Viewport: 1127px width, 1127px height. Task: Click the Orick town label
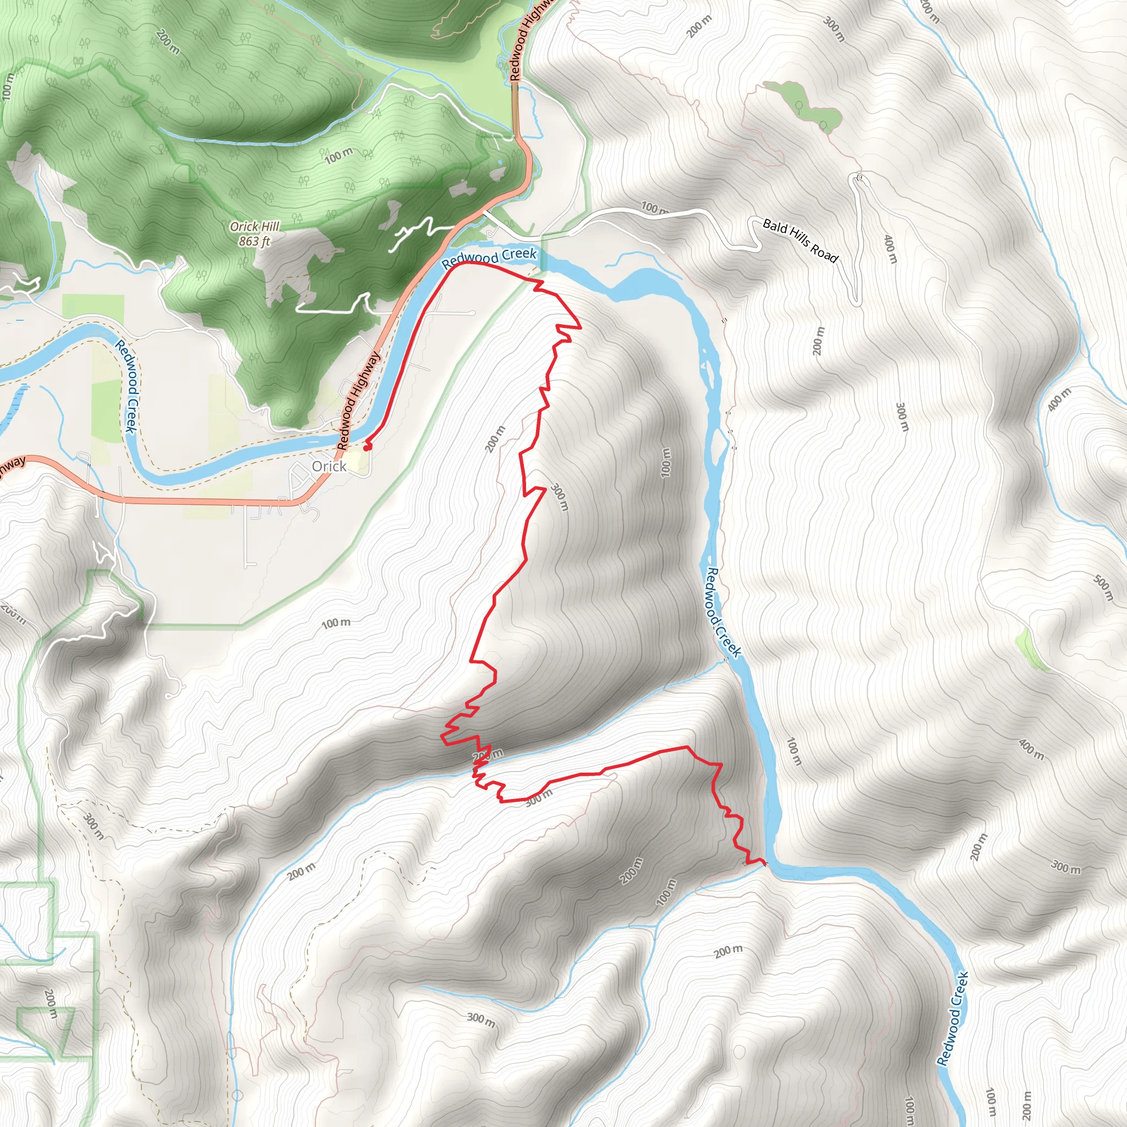(329, 466)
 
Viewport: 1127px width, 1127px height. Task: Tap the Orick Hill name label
(254, 226)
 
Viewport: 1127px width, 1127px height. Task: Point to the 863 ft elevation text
(254, 241)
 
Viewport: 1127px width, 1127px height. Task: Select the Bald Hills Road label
(800, 240)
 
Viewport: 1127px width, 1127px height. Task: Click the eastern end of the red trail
(765, 862)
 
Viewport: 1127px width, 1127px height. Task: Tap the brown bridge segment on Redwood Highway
(515, 111)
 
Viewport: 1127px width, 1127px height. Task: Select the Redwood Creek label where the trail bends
(489, 259)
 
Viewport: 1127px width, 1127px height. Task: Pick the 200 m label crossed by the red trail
(488, 756)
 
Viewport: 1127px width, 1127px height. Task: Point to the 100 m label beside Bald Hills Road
(654, 207)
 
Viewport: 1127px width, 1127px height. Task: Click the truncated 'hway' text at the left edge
(12, 465)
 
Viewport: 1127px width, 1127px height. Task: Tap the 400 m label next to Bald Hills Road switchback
(889, 249)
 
